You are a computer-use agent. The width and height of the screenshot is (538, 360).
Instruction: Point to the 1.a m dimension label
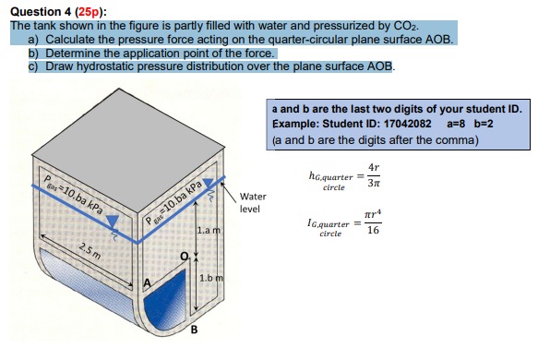(209, 228)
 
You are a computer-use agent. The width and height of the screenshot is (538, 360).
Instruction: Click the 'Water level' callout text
(253, 202)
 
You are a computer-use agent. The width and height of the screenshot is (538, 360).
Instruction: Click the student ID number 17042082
(399, 125)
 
